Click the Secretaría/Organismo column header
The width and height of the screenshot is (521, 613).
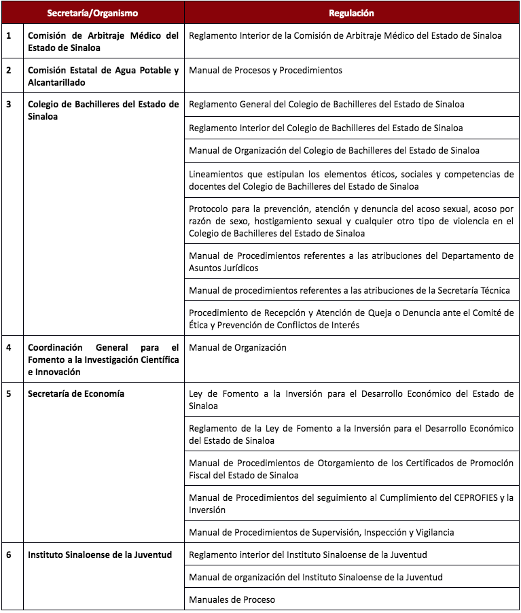[92, 13]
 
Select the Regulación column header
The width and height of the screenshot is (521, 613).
[351, 13]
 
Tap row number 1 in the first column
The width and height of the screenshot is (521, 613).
[9, 35]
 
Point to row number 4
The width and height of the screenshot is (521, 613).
[9, 347]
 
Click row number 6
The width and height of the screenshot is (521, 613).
[9, 555]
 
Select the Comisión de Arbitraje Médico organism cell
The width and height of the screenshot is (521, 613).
[103, 41]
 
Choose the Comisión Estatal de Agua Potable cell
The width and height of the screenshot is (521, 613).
[103, 76]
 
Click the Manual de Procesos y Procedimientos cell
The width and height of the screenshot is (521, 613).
[266, 70]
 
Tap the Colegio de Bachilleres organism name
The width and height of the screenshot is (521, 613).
[103, 110]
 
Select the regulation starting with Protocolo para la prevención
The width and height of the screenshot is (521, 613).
[351, 221]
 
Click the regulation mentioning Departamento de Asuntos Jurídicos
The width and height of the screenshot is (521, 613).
[351, 262]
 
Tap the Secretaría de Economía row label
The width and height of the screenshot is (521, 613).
[76, 393]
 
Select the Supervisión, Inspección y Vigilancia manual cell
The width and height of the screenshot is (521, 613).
[321, 532]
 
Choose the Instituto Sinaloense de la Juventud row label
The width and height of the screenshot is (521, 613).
[100, 555]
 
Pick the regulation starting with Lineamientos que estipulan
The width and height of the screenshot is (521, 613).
[351, 180]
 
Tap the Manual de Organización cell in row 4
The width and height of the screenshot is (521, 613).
[238, 347]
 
